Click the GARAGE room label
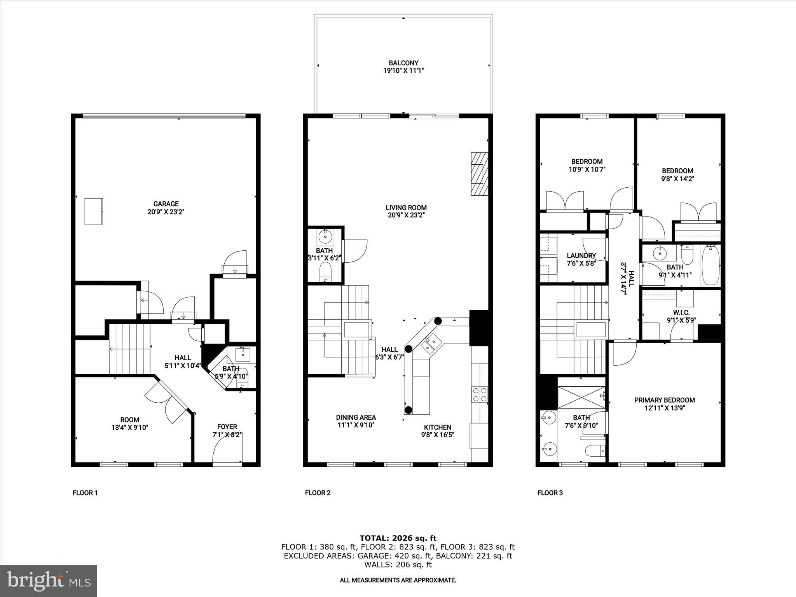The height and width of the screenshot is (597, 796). [166, 204]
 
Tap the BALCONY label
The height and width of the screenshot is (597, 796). [403, 63]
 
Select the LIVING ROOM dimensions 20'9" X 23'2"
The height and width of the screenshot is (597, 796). [406, 215]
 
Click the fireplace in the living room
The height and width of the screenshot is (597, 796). [479, 174]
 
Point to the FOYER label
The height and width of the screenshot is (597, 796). [227, 427]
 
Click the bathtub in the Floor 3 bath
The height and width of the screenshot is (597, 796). [710, 265]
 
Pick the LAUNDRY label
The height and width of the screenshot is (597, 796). [581, 256]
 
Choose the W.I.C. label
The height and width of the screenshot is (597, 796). [681, 312]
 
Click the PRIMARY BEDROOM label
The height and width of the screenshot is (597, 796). [665, 400]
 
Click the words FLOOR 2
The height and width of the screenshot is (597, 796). [318, 493]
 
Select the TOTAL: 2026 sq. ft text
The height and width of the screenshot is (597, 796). [398, 538]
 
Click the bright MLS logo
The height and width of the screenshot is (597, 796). [49, 580]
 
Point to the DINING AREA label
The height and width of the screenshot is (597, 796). [356, 417]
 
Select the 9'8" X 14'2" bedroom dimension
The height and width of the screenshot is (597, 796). [677, 179]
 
